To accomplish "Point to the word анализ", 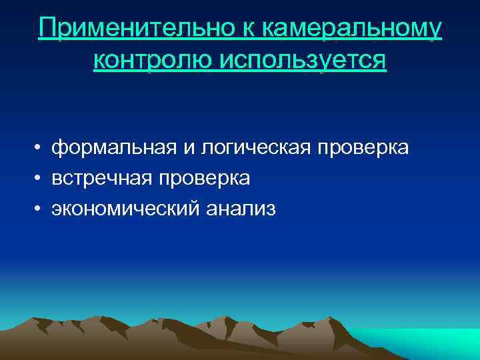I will (240, 209).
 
